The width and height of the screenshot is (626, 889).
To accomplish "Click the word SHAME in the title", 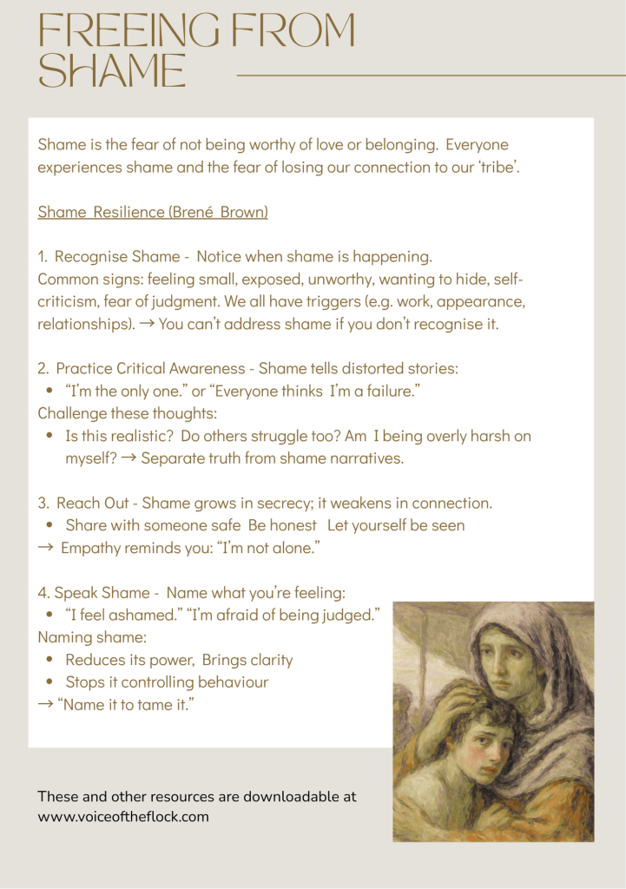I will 113,69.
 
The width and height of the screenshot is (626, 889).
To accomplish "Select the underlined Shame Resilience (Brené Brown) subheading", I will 153,212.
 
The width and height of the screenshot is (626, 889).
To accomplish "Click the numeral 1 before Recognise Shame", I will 42,257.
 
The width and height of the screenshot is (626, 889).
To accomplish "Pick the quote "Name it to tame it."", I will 126,704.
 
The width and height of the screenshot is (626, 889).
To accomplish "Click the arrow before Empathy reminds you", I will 46,548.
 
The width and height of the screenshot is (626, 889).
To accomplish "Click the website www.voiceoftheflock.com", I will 123,817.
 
